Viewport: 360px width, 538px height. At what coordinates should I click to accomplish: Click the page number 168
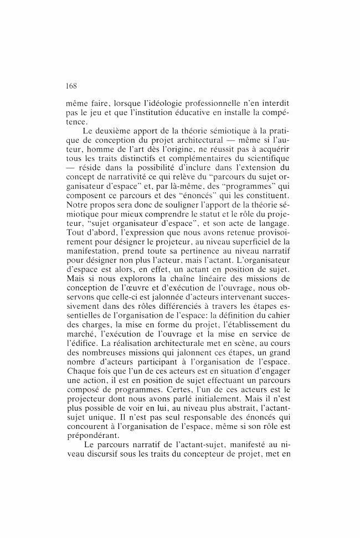(71, 86)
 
